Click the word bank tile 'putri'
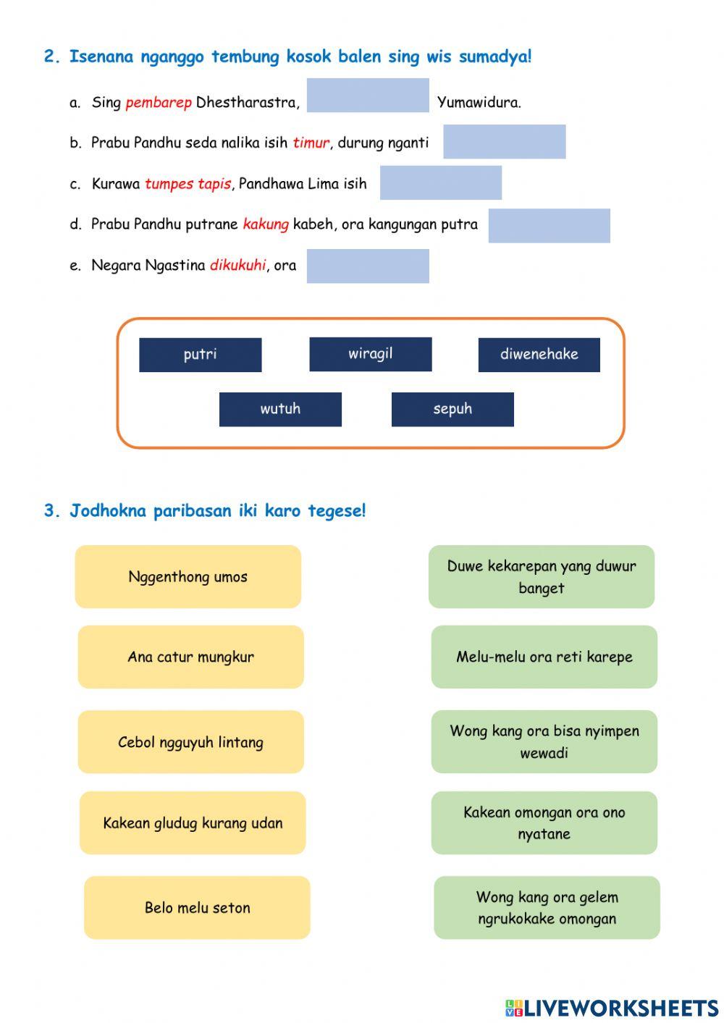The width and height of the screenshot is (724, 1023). (200, 355)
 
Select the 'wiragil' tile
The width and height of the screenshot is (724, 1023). (370, 354)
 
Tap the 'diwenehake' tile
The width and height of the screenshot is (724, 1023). (539, 355)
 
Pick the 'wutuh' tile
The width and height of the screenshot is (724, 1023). (280, 409)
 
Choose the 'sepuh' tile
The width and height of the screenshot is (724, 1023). (452, 409)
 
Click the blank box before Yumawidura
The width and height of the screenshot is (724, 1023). (368, 96)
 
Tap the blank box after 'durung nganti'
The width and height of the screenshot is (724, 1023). (504, 141)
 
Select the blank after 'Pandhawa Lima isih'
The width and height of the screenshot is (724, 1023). (440, 182)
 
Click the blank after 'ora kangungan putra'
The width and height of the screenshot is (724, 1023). (549, 225)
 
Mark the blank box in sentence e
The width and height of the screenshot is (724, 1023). (368, 266)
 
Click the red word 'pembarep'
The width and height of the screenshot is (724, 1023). (158, 103)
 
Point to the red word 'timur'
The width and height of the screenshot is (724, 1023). (311, 143)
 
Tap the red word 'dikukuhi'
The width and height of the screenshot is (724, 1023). (237, 266)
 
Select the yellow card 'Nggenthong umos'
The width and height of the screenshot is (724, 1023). (188, 577)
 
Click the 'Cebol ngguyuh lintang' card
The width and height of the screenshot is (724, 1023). (190, 742)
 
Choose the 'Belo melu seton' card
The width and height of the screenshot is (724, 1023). (197, 908)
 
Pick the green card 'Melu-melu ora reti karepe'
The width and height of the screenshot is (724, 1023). (544, 657)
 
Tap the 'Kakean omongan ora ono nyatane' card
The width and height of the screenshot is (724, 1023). (544, 822)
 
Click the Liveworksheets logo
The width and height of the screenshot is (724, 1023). (612, 1008)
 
